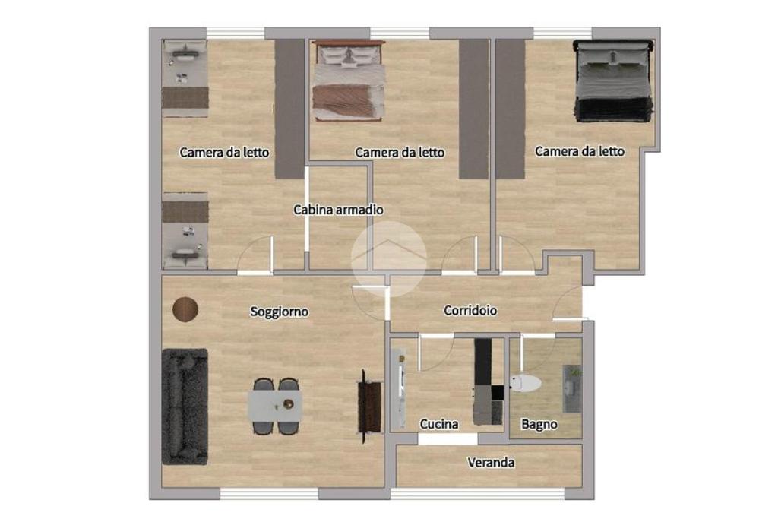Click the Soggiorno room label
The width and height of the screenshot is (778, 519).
click(279, 312)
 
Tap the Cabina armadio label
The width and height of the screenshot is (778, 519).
click(338, 210)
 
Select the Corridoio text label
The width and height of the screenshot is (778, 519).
click(470, 311)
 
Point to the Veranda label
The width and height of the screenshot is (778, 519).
click(491, 463)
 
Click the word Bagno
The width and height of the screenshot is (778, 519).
click(539, 425)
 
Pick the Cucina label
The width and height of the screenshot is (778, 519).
click(438, 424)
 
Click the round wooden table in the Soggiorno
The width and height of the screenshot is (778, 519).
click(185, 309)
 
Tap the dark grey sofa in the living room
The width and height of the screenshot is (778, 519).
click(185, 407)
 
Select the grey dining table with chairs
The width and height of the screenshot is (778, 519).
click(276, 407)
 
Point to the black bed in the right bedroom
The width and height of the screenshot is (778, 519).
click(613, 81)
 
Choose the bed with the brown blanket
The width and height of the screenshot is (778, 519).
click(348, 81)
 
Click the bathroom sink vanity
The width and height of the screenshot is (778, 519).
click(572, 388)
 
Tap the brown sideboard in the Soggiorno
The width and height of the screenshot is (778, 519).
click(370, 407)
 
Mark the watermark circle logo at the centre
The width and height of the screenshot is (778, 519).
click(388, 260)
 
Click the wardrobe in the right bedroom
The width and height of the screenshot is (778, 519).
click(511, 109)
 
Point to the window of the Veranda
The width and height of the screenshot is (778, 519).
click(478, 493)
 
